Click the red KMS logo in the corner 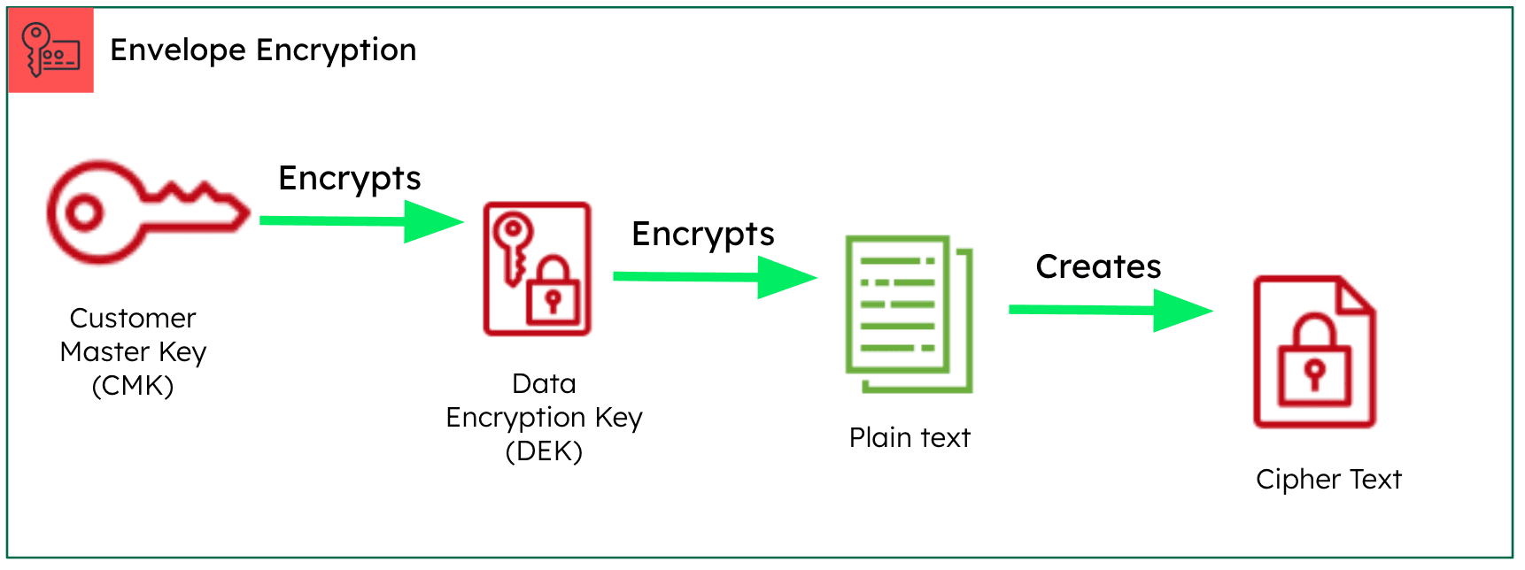point(50,50)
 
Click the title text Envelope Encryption point(263,50)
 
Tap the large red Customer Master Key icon point(146,212)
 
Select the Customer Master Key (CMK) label point(133,351)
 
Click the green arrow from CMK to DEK point(361,221)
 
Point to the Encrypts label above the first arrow point(349,179)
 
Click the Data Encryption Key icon point(537,269)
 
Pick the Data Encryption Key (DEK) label point(544,417)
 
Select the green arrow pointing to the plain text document point(714,277)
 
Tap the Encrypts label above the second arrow point(702,235)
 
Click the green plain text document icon point(909,313)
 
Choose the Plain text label point(910,437)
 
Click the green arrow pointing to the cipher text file point(1110,310)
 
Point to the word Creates point(1098,266)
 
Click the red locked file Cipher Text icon point(1314,352)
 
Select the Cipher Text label point(1328,479)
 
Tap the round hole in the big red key point(85,212)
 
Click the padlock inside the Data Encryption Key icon point(553,291)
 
